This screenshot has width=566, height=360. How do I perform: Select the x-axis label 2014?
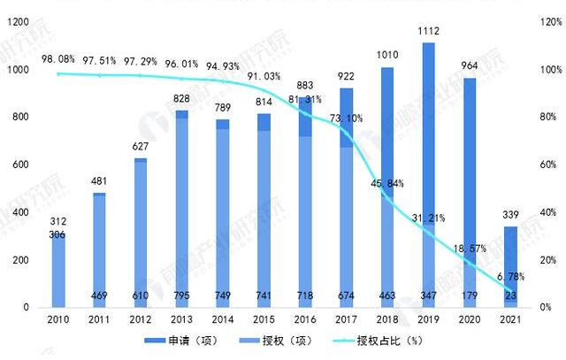point(223,318)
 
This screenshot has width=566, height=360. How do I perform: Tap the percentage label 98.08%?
point(58,59)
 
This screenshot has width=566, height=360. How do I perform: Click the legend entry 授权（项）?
point(297,340)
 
